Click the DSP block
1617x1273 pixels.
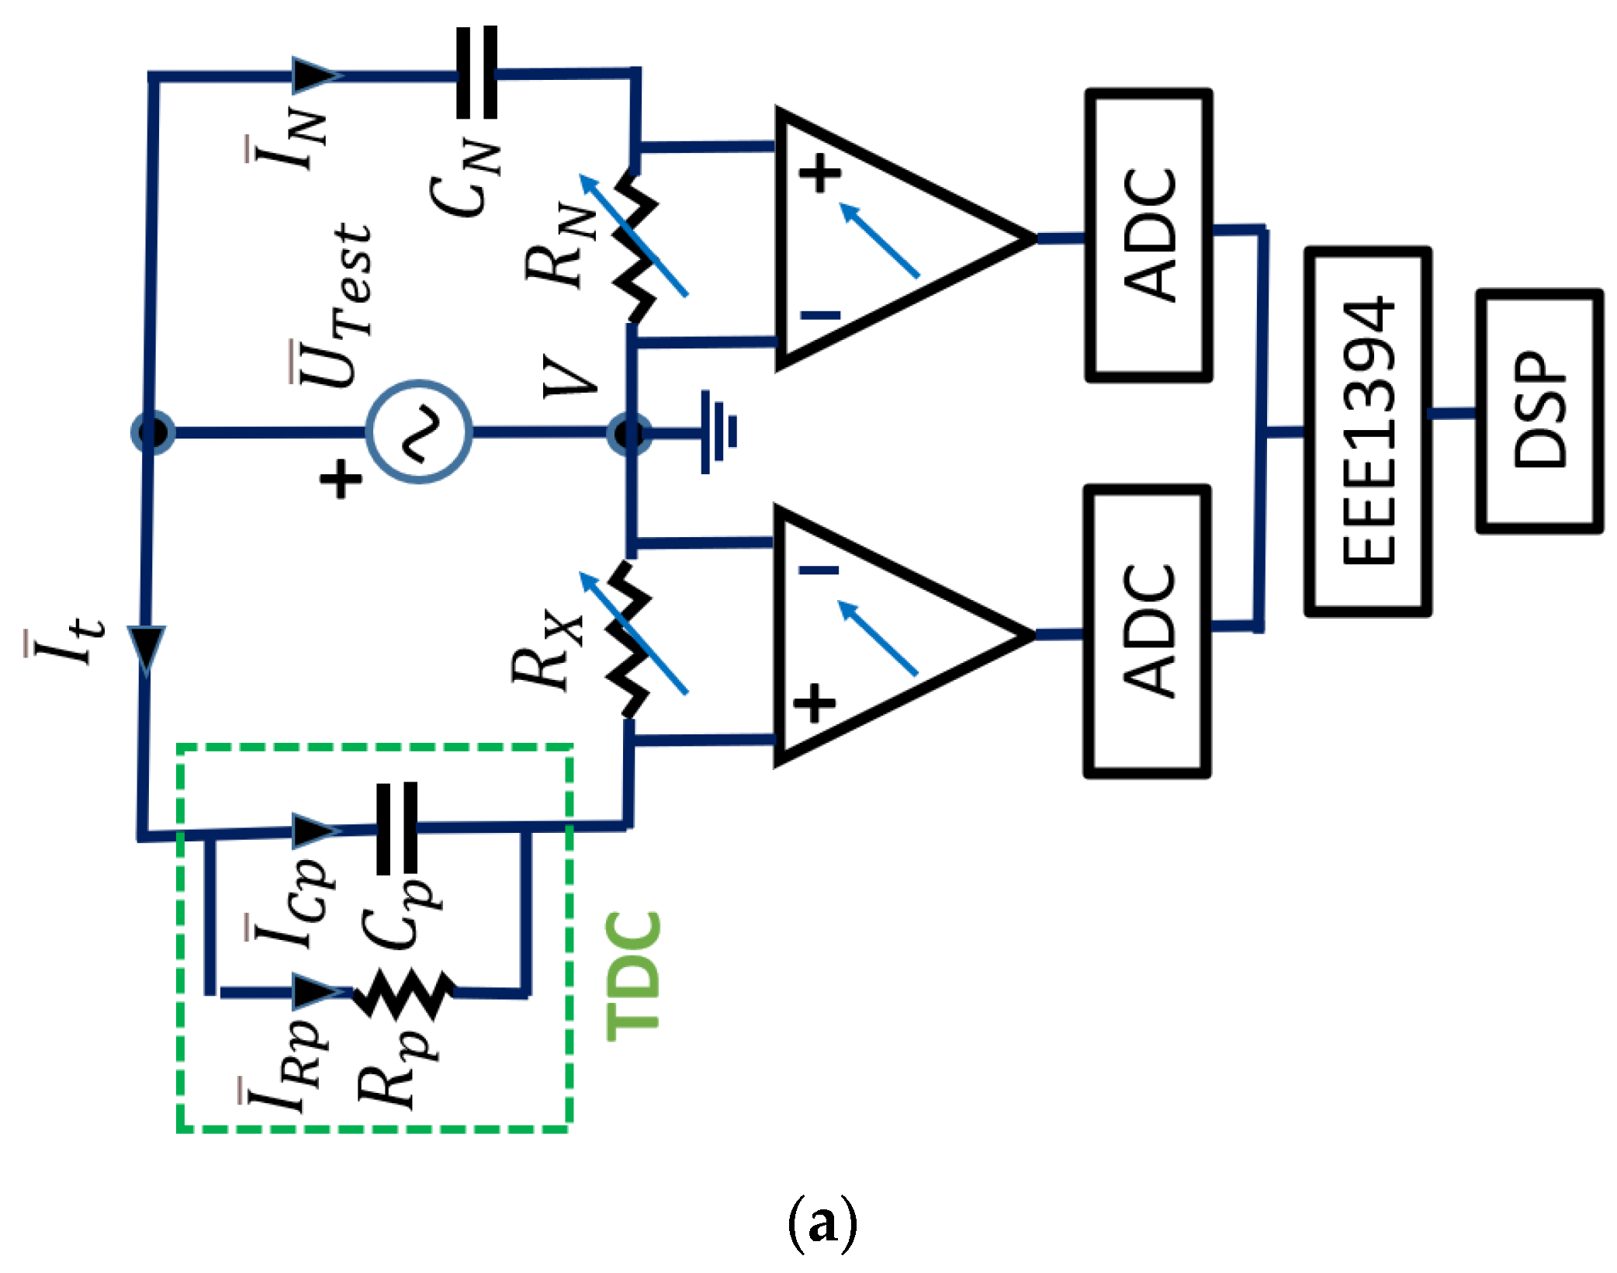pyautogui.click(x=1539, y=411)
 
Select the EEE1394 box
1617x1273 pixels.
pyautogui.click(x=1368, y=432)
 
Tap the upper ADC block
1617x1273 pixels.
pyautogui.click(x=1148, y=235)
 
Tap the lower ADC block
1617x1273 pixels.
pyautogui.click(x=1147, y=632)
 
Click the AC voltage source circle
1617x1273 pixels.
pyautogui.click(x=419, y=432)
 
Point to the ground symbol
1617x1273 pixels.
pyautogui.click(x=718, y=432)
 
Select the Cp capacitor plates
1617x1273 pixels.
pyautogui.click(x=396, y=828)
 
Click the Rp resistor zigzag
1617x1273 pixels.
pyautogui.click(x=403, y=993)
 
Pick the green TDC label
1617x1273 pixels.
pyautogui.click(x=633, y=975)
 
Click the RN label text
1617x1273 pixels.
pyautogui.click(x=560, y=245)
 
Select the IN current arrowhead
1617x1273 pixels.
pyautogui.click(x=315, y=75)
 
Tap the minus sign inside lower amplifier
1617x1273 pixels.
pyautogui.click(x=819, y=571)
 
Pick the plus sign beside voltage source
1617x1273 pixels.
pyautogui.click(x=341, y=478)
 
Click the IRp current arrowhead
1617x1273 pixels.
pyautogui.click(x=318, y=991)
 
